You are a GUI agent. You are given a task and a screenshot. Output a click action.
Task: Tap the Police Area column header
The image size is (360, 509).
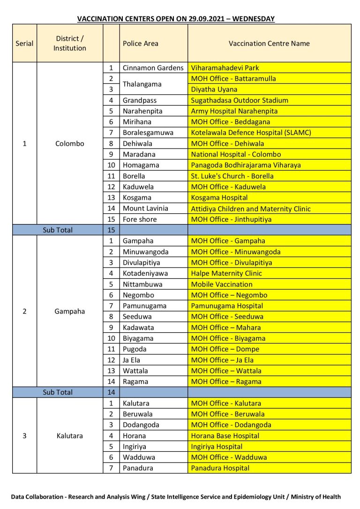tap(141, 44)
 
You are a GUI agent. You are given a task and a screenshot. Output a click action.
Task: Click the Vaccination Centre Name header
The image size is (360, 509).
tap(269, 44)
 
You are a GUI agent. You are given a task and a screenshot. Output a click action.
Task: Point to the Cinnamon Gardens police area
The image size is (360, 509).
tap(153, 68)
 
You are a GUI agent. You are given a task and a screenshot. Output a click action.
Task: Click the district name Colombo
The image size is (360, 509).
tap(69, 143)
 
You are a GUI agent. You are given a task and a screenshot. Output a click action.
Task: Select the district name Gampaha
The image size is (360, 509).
tap(69, 311)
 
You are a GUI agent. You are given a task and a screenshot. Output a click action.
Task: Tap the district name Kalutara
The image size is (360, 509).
tap(69, 436)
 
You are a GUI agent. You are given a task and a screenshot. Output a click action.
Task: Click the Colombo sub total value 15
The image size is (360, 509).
tap(111, 230)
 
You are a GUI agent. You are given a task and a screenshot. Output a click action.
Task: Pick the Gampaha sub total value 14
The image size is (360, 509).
tap(111, 392)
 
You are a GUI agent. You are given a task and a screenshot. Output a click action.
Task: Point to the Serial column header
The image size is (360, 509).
tap(24, 44)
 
